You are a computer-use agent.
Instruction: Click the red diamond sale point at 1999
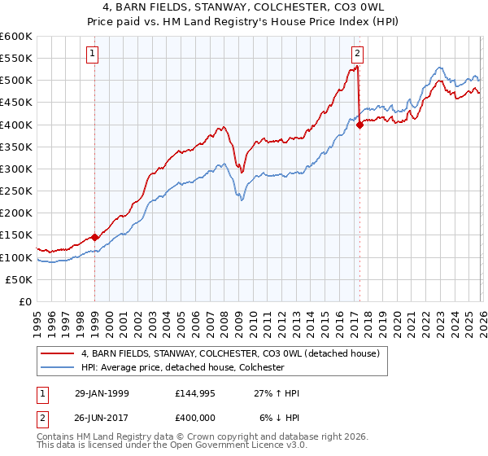click(x=95, y=237)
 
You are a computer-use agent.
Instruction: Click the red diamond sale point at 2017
click(x=359, y=125)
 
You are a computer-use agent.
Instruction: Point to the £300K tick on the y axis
click(x=16, y=169)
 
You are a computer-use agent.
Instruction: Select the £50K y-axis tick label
click(x=20, y=279)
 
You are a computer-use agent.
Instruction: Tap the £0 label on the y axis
click(x=26, y=301)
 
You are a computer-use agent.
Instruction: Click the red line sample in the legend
click(x=58, y=353)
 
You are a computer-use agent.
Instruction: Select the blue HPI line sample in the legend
click(x=58, y=368)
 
